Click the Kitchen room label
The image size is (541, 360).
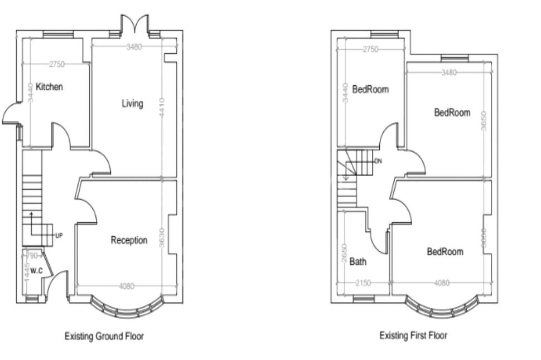point(49,87)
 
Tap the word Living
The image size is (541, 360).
point(132,104)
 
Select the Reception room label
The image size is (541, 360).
point(129,240)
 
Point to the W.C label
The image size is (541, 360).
point(36,271)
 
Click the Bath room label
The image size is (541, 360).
point(358,261)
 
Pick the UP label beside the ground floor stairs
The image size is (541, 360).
point(59,236)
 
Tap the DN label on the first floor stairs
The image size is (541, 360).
point(378,161)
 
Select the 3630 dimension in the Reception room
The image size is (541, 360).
point(162,239)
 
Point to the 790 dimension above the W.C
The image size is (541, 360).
point(32,256)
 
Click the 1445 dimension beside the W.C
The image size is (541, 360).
point(27,271)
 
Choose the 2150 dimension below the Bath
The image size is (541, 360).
point(363,283)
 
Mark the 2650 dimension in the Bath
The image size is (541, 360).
point(344,254)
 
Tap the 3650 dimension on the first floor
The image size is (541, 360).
point(484,121)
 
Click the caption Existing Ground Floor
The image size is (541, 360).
point(104,336)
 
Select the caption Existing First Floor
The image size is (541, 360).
point(413,335)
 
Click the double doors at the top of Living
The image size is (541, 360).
point(134,25)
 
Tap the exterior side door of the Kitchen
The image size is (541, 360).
point(11,114)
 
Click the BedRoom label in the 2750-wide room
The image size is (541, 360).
point(370,89)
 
